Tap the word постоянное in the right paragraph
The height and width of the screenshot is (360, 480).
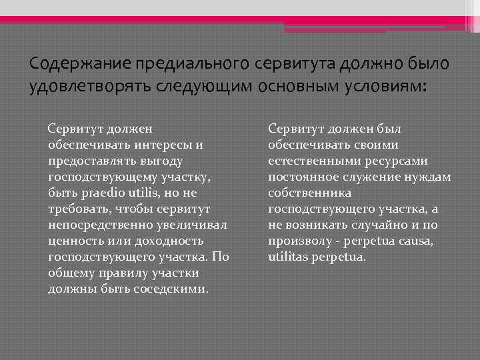tap(303, 177)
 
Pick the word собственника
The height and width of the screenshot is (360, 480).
tap(309, 193)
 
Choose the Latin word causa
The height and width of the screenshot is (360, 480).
tap(412, 241)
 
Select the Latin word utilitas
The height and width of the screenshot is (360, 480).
tap(290, 257)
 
